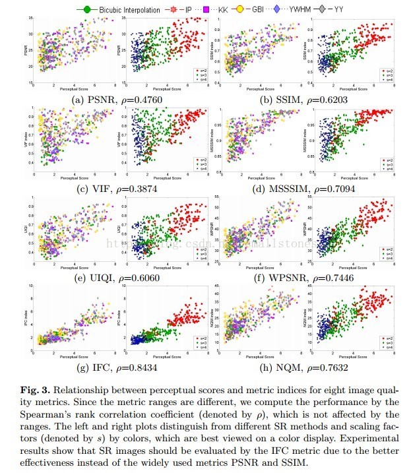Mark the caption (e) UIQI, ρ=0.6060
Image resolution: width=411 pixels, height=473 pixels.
[116, 277]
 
